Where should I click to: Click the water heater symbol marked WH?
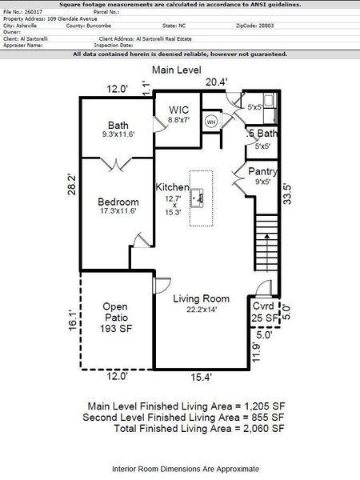click(x=212, y=122)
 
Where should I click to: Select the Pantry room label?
click(x=262, y=171)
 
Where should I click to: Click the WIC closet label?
click(x=178, y=110)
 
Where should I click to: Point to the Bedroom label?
click(x=118, y=202)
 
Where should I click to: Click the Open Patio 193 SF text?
click(x=117, y=317)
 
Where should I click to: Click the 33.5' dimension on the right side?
click(x=285, y=195)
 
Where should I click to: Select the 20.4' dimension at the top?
click(x=217, y=82)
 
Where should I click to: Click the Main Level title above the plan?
click(x=177, y=70)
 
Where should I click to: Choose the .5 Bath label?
click(x=262, y=134)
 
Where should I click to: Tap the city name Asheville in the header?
click(x=26, y=26)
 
